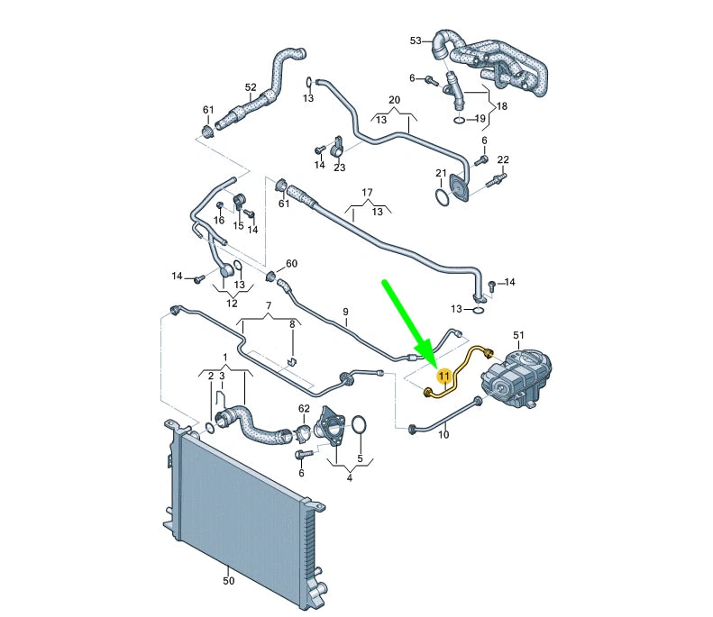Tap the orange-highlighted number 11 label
coord(443,377)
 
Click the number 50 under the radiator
coord(229,581)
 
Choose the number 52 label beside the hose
coord(251,87)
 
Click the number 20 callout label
coord(394,99)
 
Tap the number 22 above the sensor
coord(503,160)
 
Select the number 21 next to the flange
coord(441,173)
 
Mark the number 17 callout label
coord(367,193)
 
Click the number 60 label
coord(291,264)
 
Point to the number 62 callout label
coord(304,408)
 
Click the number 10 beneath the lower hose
coord(443,435)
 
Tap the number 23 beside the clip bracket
coord(339,167)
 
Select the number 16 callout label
coord(219,220)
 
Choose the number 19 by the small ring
coord(480,118)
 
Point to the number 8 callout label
coord(291,323)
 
